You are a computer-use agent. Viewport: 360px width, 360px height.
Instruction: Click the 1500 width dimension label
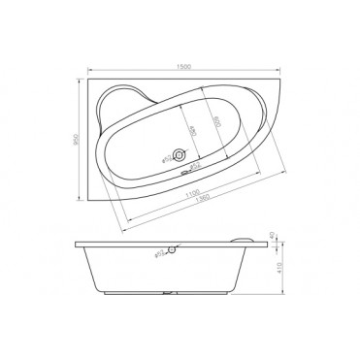pyautogui.click(x=183, y=65)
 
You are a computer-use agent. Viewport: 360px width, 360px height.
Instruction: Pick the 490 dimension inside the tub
pyautogui.click(x=191, y=130)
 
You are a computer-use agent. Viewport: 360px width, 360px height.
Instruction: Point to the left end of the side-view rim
pyautogui.click(x=76, y=244)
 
